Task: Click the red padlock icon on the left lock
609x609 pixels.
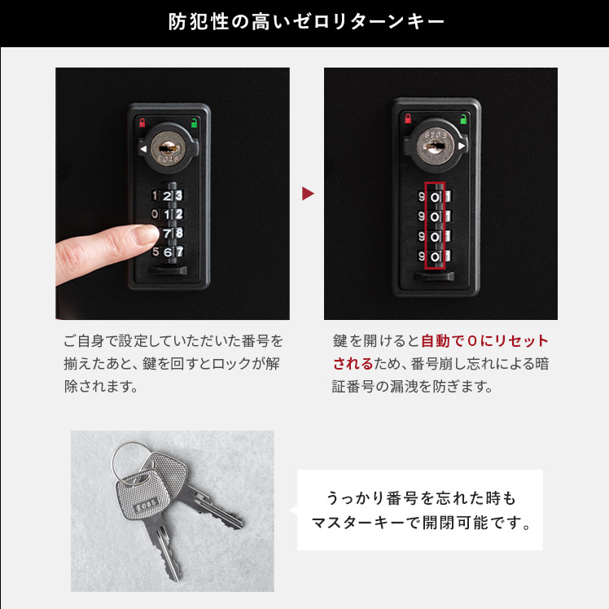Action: (x=142, y=123)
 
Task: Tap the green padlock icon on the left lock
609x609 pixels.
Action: (x=194, y=123)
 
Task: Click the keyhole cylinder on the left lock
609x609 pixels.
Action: (x=169, y=148)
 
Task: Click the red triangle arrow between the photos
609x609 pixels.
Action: (x=308, y=194)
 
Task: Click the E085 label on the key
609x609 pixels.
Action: (x=147, y=505)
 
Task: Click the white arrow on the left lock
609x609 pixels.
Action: (x=143, y=149)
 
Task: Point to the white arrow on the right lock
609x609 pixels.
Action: (x=462, y=146)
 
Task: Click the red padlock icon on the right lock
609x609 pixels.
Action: (x=408, y=118)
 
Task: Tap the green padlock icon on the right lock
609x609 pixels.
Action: (x=463, y=119)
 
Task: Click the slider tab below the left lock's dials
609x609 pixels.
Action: (x=169, y=270)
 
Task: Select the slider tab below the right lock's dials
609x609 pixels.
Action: (x=434, y=276)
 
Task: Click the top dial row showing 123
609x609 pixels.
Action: (x=167, y=195)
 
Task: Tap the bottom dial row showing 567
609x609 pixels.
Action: (x=168, y=252)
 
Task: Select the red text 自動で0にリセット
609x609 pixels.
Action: (x=484, y=340)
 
